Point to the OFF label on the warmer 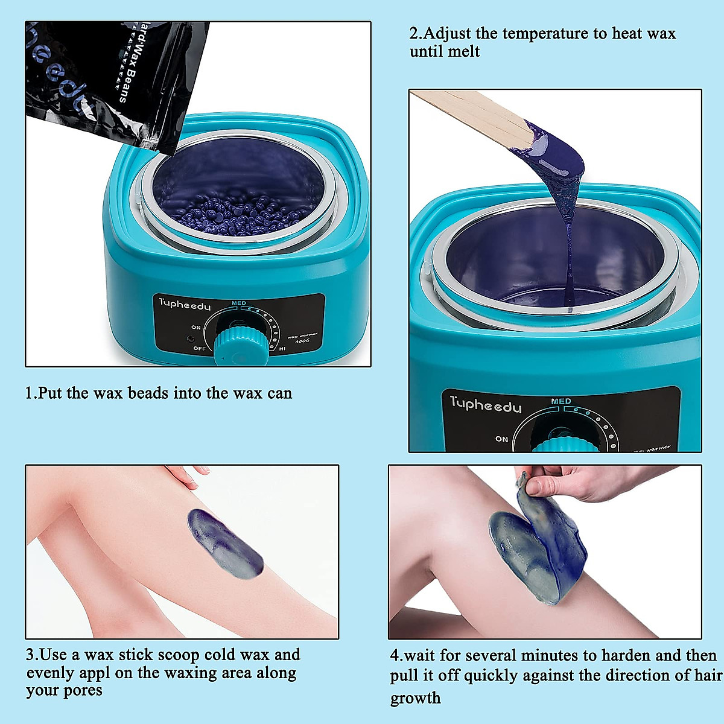pos(199,349)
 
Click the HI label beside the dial pos(282,349)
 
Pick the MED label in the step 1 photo pos(239,303)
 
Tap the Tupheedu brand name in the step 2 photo pos(485,405)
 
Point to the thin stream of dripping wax pos(570,259)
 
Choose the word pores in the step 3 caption pos(82,690)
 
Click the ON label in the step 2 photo pos(501,439)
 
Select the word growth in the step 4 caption pos(415,699)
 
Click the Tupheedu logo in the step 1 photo pos(185,303)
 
